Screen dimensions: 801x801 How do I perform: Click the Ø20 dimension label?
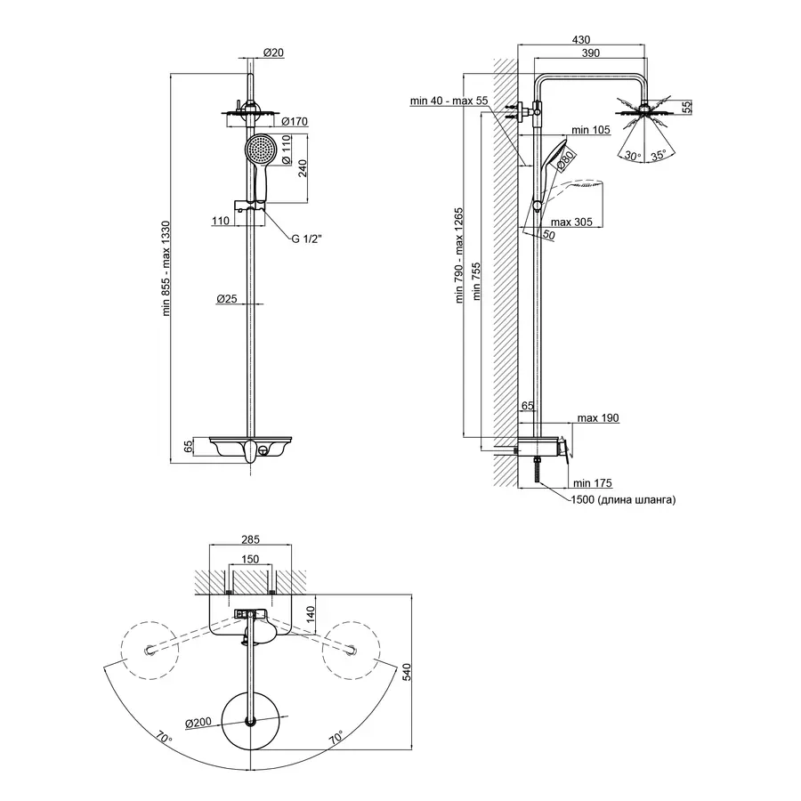[x=274, y=53]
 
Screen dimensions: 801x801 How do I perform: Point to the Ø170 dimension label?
[x=294, y=121]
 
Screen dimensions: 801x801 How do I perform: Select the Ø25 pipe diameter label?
[x=226, y=299]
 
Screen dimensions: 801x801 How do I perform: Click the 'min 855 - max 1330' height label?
[x=166, y=269]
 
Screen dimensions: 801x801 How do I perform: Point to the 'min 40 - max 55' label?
[x=449, y=101]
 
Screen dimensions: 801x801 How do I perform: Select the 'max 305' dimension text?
[x=572, y=222]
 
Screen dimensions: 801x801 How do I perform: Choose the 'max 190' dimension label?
[x=597, y=417]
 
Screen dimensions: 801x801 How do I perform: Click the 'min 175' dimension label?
[x=592, y=483]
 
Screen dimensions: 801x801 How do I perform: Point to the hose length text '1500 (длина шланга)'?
[x=624, y=500]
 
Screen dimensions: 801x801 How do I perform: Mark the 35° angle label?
[x=659, y=155]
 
